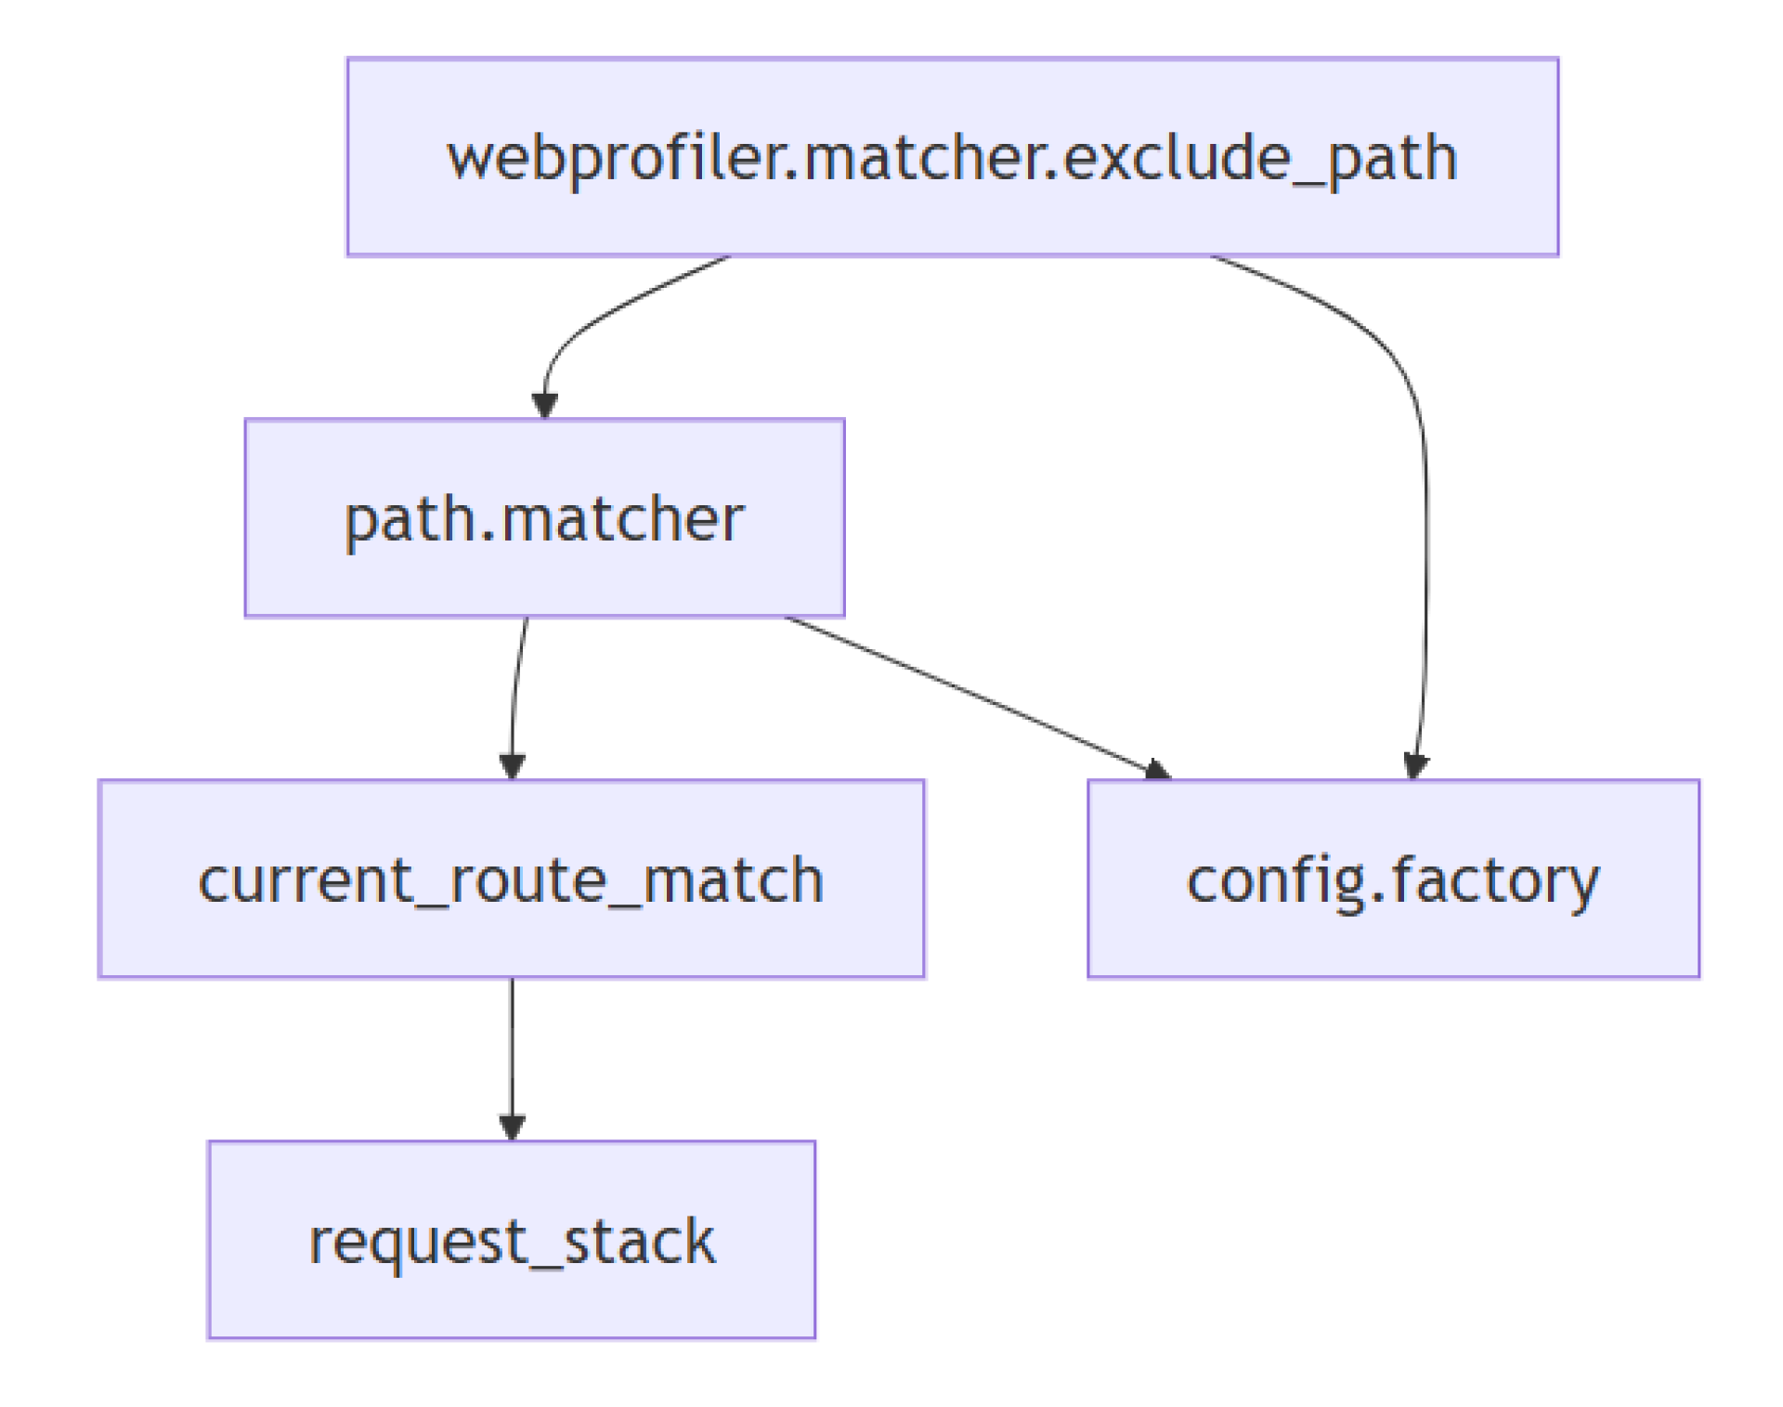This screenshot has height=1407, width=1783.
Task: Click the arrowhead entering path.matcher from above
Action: tap(544, 406)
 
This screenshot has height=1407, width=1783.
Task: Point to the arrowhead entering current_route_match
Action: tap(512, 766)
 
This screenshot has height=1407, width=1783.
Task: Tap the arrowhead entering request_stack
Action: tap(512, 1127)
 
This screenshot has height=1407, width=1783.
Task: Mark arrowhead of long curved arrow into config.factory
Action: tap(1415, 766)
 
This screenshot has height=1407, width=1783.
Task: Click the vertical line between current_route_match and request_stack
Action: tap(512, 1049)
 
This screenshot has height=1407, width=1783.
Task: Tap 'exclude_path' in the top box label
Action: tap(1259, 158)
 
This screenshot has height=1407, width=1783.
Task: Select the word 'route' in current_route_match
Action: tap(527, 880)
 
